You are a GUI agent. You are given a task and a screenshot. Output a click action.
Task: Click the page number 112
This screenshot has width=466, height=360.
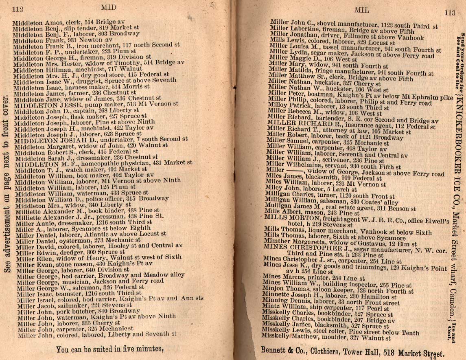click(17, 9)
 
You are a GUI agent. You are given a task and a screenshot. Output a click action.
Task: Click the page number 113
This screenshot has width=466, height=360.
click(450, 13)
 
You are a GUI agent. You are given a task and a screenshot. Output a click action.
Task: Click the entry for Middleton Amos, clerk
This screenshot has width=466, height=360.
click(69, 22)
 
